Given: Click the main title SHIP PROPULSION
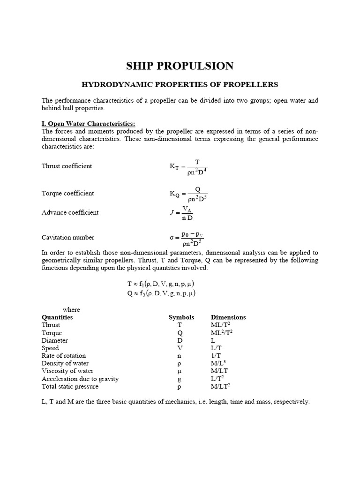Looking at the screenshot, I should click(180, 66).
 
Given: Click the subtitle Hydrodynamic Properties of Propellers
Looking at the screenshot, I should click(180, 85).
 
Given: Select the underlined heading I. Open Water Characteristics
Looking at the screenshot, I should click(88, 124).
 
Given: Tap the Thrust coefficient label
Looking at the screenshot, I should click(67, 166).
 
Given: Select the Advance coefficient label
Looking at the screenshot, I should click(70, 212).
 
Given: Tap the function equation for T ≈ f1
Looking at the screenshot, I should click(161, 284).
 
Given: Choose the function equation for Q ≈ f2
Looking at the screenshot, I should click(161, 293).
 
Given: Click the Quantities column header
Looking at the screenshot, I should click(57, 317).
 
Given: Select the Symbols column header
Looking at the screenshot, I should click(181, 317).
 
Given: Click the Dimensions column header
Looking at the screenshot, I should click(228, 317).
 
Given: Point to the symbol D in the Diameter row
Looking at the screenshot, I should click(180, 340).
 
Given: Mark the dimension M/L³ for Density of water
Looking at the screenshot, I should click(220, 363).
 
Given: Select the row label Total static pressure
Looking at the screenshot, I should click(68, 386).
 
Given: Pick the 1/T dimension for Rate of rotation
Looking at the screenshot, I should click(216, 356).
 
